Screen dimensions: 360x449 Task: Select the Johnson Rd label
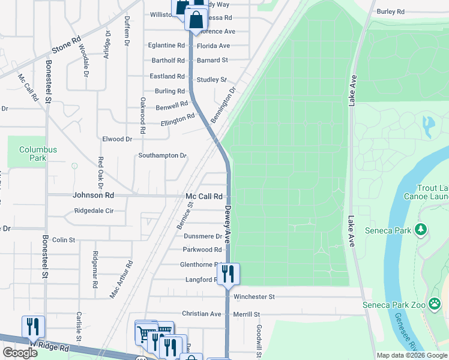[93, 195]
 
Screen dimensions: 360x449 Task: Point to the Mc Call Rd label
[204, 196]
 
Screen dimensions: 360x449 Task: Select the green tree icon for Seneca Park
[421, 229]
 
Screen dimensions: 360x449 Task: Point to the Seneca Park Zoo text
[394, 305]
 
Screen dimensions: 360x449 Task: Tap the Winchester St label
[254, 296]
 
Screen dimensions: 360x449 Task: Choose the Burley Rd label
[390, 11]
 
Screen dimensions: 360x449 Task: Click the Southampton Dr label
[162, 155]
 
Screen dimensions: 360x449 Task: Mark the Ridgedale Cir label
[94, 211]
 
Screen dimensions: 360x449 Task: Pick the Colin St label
[64, 239]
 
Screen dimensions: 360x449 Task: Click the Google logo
[20, 353]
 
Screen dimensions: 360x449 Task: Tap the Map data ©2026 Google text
[411, 355]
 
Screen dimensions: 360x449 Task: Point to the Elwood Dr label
[117, 139]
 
